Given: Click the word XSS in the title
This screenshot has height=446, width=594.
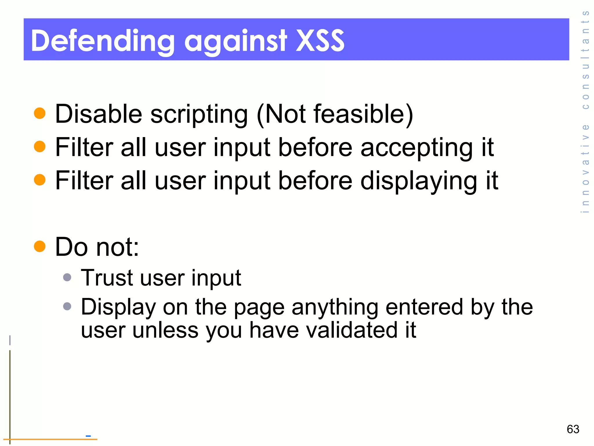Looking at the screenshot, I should click(320, 41).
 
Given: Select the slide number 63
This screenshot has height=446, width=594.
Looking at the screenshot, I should click(573, 429).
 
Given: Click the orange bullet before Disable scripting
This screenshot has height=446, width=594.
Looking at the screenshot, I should click(40, 113).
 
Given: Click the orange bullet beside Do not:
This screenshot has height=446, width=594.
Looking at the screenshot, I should click(40, 247).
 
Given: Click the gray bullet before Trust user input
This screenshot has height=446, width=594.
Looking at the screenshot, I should click(67, 277).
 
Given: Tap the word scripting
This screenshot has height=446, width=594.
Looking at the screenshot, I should click(199, 114).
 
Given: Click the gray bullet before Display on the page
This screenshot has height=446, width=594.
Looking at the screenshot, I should click(67, 306).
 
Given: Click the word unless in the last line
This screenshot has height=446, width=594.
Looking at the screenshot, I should click(165, 330).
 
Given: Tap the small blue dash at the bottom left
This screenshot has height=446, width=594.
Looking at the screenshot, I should click(88, 436).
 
